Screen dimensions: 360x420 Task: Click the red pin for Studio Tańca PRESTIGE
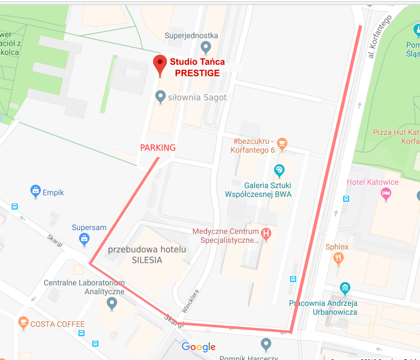point(160,65)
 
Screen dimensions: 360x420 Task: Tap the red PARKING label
point(158,148)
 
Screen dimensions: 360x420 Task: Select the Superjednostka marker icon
point(206,46)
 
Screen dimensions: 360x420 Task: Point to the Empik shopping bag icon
point(36,192)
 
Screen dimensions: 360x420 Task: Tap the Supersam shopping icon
point(84,239)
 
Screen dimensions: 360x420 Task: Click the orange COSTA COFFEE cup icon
point(23,323)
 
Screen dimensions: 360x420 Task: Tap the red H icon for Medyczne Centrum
point(266,234)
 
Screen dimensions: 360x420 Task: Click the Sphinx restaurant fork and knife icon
point(338,258)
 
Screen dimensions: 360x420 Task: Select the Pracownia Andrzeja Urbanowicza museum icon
point(345,288)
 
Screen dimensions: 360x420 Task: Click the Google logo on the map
point(198,347)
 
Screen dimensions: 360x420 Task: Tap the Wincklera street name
point(190,301)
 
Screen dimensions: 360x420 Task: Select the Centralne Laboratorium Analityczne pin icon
point(112,302)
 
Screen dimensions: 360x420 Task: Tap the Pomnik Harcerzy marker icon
point(266,345)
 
